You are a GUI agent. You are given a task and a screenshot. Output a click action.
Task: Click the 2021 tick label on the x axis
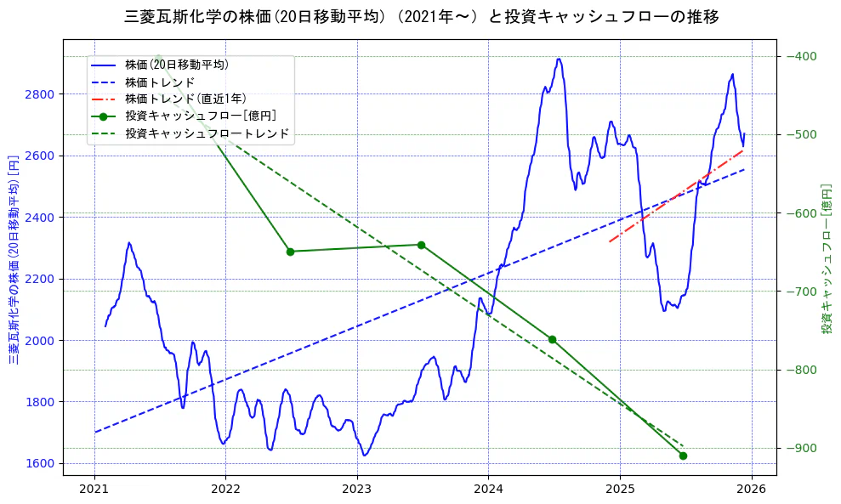click(x=94, y=490)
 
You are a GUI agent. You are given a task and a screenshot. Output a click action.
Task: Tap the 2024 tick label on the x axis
click(x=488, y=490)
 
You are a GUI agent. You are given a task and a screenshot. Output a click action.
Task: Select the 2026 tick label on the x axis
click(x=751, y=490)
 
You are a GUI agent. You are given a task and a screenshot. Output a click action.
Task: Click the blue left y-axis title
click(x=14, y=259)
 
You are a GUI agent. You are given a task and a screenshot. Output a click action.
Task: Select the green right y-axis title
click(x=827, y=259)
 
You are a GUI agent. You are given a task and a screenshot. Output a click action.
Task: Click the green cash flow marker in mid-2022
click(x=290, y=252)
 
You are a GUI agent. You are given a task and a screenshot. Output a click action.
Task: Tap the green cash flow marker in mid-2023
click(x=421, y=245)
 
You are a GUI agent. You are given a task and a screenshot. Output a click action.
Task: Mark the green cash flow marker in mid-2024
click(x=552, y=339)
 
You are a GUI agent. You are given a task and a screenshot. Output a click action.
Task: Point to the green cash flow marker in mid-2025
click(x=683, y=456)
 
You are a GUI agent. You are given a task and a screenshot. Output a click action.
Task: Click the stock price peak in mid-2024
click(x=559, y=59)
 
